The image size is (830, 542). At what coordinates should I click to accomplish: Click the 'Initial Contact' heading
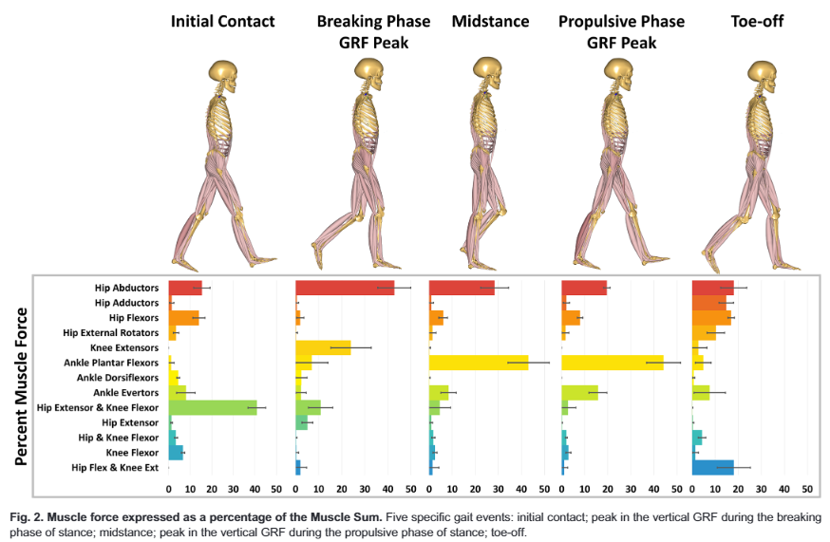(x=222, y=20)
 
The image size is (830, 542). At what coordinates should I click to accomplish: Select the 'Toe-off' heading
(x=760, y=20)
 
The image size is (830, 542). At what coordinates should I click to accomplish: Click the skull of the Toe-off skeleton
(x=762, y=72)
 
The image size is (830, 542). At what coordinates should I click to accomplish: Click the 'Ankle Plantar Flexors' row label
(x=112, y=362)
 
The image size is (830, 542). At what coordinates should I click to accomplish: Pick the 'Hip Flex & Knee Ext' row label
(x=115, y=467)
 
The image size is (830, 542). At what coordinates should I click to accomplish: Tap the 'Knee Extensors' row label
(x=123, y=347)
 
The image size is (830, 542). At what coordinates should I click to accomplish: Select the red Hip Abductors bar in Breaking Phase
(x=345, y=288)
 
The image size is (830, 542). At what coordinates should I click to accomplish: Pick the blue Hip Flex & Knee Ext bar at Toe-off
(x=713, y=467)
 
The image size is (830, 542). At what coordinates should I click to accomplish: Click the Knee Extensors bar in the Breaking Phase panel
(x=323, y=347)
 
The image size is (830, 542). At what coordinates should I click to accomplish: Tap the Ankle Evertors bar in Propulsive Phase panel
(x=580, y=392)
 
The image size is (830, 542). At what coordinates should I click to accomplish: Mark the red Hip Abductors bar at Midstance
(x=462, y=288)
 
